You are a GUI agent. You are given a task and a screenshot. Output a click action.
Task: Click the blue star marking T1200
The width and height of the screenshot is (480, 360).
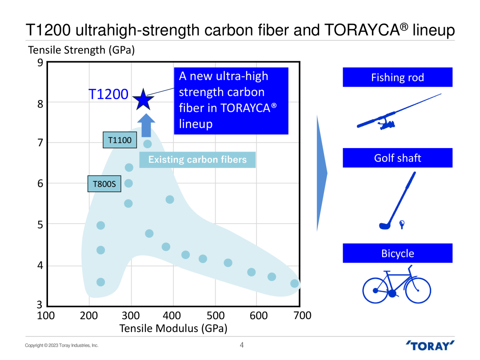click(143, 100)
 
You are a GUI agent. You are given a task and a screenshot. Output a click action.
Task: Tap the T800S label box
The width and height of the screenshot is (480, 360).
click(104, 184)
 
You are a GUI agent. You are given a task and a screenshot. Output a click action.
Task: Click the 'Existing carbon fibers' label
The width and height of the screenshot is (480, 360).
click(197, 160)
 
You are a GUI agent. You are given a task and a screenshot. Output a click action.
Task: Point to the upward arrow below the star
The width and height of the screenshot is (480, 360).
click(146, 125)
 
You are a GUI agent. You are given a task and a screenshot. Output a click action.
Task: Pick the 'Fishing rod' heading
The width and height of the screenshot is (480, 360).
click(397, 77)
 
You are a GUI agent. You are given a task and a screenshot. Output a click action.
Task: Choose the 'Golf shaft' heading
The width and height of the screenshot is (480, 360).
click(397, 158)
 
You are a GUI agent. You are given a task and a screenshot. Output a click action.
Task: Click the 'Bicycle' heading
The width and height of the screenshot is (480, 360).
click(397, 253)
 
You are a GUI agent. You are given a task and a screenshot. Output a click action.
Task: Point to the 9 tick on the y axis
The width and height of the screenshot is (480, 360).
click(40, 63)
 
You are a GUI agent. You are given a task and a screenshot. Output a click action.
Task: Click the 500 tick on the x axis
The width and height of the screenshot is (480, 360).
click(216, 316)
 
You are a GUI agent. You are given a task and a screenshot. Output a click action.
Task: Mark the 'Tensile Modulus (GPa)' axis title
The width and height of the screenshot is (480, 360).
click(173, 328)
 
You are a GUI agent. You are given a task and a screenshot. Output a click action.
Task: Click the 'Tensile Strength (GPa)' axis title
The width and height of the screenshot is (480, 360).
click(81, 50)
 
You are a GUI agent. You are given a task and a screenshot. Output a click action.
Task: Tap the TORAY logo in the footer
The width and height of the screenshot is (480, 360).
click(430, 345)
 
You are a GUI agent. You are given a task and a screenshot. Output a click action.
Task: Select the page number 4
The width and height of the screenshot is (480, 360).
click(242, 345)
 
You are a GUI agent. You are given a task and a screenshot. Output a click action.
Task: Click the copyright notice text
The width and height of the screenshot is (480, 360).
click(61, 345)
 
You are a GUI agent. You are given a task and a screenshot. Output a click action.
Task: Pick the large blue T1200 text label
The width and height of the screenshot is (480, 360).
click(108, 94)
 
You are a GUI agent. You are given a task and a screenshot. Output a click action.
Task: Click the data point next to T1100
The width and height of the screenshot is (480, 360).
click(148, 144)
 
